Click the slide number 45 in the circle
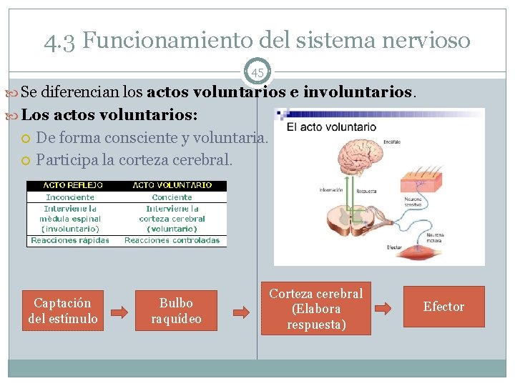coord(257,72)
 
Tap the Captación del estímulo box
coord(63,311)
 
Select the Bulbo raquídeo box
coord(176,311)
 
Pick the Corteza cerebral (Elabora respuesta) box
coord(315,309)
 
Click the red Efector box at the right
coord(443,307)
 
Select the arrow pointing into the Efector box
coord(383,309)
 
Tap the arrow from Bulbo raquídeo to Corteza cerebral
coord(242,312)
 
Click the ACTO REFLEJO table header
coord(70,185)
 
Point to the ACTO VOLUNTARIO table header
coord(172,185)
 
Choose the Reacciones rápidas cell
coord(70,240)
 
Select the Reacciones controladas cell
coord(172,240)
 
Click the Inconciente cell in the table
coord(70,197)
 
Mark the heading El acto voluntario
coord(331,127)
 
